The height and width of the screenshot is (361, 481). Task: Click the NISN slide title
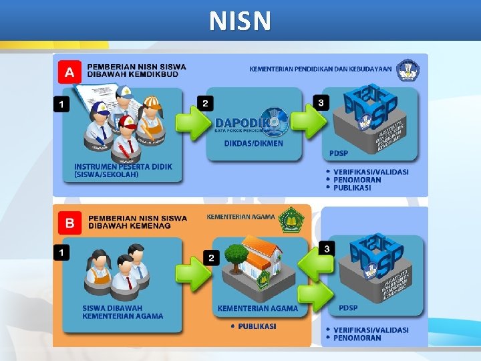tap(240, 21)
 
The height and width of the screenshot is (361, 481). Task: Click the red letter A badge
tap(70, 72)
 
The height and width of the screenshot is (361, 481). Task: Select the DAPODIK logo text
tap(243, 123)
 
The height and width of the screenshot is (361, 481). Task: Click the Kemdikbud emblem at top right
tap(408, 70)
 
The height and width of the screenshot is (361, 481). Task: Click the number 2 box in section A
tap(205, 103)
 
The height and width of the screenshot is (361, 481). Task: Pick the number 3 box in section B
tap(326, 249)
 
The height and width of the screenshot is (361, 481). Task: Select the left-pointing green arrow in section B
tap(314, 266)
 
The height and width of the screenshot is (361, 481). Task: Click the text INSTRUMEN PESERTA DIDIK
tap(123, 166)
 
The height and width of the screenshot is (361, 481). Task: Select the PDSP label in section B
tap(347, 308)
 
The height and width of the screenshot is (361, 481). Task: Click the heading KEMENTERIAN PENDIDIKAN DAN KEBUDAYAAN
tap(321, 69)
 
